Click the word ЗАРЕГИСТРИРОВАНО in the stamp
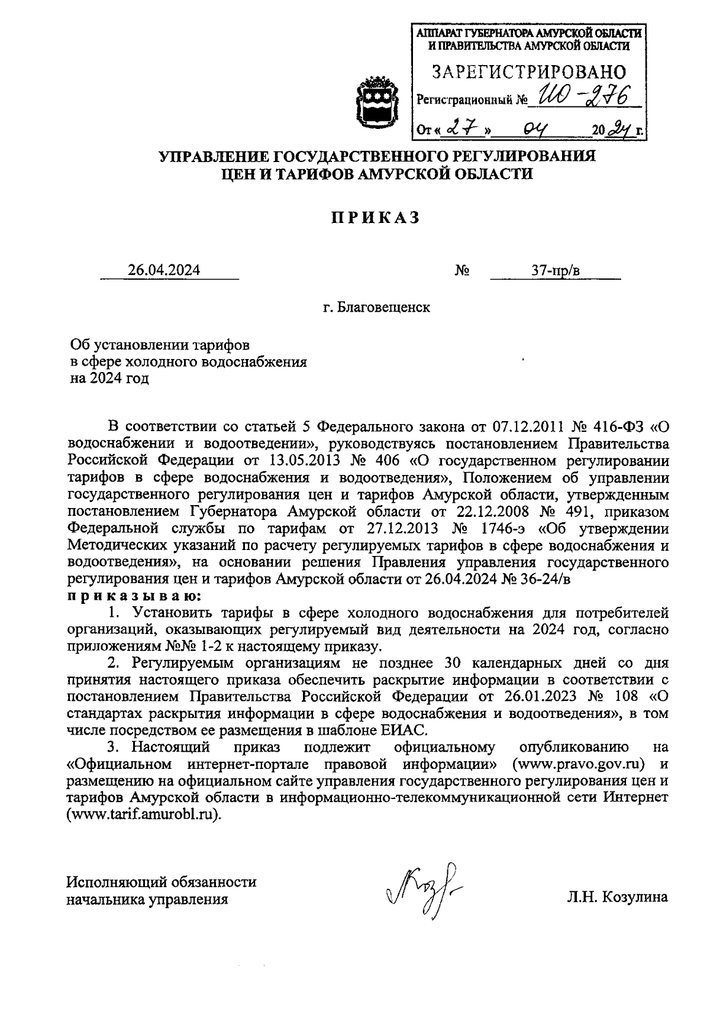(529, 72)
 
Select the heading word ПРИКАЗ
(375, 218)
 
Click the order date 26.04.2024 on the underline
(164, 270)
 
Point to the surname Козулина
(634, 897)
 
